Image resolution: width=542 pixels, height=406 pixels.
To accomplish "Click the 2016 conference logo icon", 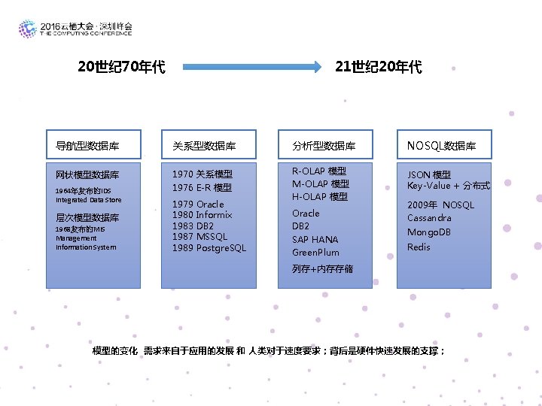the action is pos(28,29).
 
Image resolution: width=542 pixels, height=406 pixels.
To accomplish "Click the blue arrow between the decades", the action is pos(252,68).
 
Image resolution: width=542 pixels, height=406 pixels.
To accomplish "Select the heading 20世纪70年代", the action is pos(121,68).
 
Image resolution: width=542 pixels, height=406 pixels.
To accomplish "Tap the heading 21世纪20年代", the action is pos(379,68).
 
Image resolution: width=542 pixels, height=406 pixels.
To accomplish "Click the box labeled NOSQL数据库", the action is pos(443,145).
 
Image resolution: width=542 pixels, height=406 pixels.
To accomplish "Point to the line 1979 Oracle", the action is pos(198,205).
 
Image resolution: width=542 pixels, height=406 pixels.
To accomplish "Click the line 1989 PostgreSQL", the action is pos(209,248).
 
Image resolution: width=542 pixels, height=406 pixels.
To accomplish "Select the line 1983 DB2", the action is pos(193,226).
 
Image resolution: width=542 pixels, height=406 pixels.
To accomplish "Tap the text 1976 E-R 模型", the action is pos(202,188).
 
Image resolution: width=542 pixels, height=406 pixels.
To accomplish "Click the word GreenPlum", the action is pos(315,253).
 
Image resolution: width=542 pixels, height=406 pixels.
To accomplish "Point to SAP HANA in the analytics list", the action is pos(315,240).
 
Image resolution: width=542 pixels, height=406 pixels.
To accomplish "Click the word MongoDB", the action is pos(429,232).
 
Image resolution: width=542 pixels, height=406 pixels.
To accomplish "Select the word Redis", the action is pos(419,247).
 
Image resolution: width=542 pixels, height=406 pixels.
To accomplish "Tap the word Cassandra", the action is pos(429,218).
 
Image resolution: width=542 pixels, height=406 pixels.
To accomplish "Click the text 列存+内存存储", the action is pos(322,269).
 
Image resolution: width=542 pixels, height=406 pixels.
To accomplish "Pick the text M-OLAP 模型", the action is pos(320,184).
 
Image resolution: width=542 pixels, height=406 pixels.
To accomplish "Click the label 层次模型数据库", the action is pos(87,218).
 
